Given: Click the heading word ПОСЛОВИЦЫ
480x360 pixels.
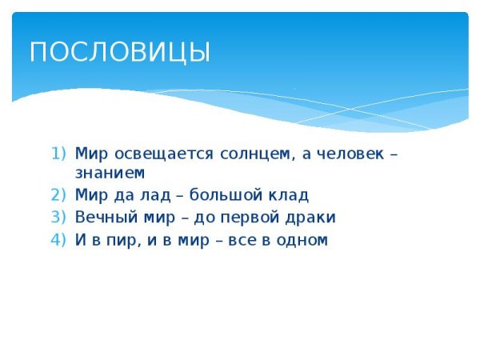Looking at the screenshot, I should click(119, 52).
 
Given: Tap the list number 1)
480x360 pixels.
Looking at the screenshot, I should click(62, 153).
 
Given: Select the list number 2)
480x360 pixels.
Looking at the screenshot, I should click(62, 194).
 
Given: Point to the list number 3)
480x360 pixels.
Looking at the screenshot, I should click(62, 217).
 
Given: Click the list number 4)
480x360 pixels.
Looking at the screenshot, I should click(62, 239).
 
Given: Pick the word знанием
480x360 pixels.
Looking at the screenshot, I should click(110, 172).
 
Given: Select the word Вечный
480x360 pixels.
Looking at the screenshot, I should click(102, 217).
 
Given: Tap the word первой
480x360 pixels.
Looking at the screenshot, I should click(254, 217).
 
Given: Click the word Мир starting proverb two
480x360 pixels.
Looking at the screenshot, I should click(89, 194).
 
